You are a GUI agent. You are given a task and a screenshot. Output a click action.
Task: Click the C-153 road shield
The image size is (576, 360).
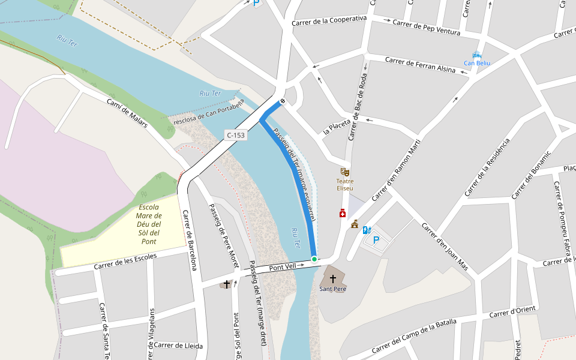236,136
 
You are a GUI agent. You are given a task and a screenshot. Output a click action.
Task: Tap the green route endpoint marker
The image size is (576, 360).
314,259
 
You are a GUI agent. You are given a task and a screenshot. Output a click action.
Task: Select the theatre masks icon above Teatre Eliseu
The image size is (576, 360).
344,172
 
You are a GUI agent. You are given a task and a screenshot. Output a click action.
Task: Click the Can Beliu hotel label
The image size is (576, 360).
477,63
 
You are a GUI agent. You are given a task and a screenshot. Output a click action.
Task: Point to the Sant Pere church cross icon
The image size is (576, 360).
333,279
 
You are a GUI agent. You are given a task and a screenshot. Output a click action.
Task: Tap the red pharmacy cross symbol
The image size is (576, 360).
343,213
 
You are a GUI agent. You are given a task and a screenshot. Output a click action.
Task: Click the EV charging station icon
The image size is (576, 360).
367,229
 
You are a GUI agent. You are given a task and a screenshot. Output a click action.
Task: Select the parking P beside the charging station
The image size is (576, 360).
377,240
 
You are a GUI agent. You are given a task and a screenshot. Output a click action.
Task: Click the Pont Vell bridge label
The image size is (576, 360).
283,266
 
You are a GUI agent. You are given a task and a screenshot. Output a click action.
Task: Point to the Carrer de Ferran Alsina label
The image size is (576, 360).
420,64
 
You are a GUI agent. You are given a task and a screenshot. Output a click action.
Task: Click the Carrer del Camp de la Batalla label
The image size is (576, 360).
414,337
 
